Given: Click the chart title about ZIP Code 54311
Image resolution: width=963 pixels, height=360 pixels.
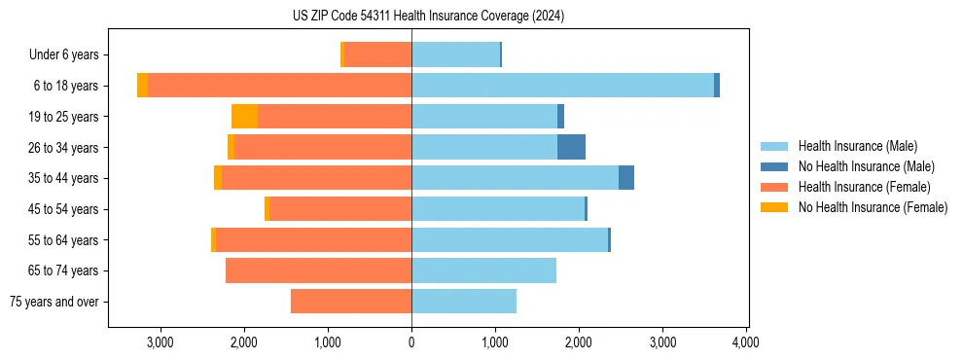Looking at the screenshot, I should point(428,17).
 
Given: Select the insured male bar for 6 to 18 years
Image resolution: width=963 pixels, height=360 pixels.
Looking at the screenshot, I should point(562,86).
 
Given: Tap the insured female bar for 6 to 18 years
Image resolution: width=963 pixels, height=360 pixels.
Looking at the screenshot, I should point(279,86).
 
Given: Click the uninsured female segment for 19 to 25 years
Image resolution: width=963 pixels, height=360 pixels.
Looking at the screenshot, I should point(244,117).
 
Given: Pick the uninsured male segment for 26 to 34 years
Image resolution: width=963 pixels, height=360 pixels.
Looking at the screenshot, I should point(571,147).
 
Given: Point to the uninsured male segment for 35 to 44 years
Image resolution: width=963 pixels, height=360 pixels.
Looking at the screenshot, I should point(626,178).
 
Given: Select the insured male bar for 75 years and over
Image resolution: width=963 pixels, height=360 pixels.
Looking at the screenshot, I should point(464,302).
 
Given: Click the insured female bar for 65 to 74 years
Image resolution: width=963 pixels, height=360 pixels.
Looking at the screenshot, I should point(318,270).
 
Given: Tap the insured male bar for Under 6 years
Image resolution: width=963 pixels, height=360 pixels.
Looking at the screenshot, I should point(455,54).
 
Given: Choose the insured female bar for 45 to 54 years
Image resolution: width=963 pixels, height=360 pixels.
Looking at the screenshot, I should point(339,209).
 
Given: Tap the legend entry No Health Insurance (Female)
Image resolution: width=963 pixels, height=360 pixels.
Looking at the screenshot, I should point(873,207).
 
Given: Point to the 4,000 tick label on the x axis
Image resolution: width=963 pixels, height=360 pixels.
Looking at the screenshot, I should point(746,342).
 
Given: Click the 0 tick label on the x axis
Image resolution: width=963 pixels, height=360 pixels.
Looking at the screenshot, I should point(411,342).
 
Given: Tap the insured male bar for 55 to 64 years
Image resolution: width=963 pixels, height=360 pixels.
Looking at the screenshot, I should point(510,240).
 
